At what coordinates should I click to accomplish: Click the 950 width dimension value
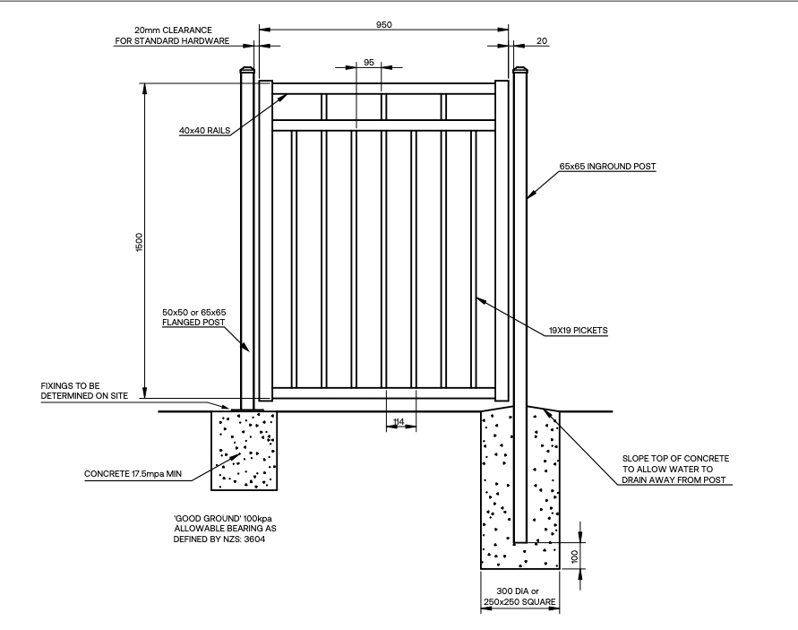coord(383,24)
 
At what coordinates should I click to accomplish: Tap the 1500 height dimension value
coord(140,242)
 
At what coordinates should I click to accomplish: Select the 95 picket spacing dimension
coord(369,62)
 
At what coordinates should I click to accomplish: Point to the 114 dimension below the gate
coord(399,422)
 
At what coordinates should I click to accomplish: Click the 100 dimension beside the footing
coord(575,557)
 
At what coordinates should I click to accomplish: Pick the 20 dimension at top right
coord(542,40)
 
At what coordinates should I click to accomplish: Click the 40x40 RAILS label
coord(204,131)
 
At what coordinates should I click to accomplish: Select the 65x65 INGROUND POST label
coord(607,166)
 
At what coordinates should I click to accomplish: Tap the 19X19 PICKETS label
coord(579,331)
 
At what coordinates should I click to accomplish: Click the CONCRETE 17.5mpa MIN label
coord(133,474)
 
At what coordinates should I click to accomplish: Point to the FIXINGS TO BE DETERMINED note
coord(84,391)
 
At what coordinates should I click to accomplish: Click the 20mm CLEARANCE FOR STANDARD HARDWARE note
coord(172,36)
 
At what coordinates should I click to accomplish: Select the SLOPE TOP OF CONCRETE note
coord(675,469)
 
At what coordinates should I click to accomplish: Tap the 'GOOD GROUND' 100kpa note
coord(225,529)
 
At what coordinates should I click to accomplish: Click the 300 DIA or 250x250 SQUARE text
coord(519,596)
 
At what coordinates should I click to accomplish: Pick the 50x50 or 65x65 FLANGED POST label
coord(193,317)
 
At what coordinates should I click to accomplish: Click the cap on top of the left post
coord(247,70)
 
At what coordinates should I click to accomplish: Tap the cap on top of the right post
coord(520,70)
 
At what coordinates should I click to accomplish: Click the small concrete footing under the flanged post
coord(245,451)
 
